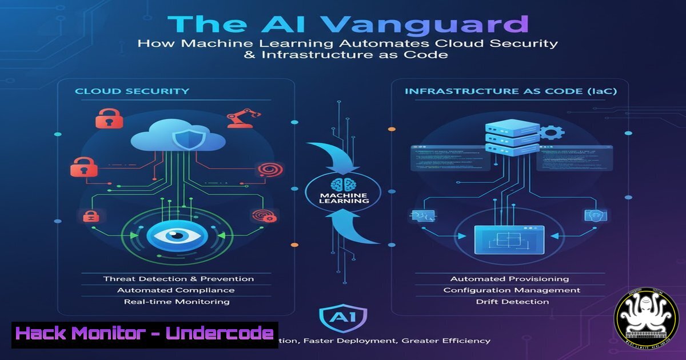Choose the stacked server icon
[504, 137]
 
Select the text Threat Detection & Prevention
[178, 279]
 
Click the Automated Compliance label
[176, 290]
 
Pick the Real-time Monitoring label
[177, 302]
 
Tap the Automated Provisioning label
[509, 279]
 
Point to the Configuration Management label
[512, 290]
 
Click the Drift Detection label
[512, 302]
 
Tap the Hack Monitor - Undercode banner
[145, 334]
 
